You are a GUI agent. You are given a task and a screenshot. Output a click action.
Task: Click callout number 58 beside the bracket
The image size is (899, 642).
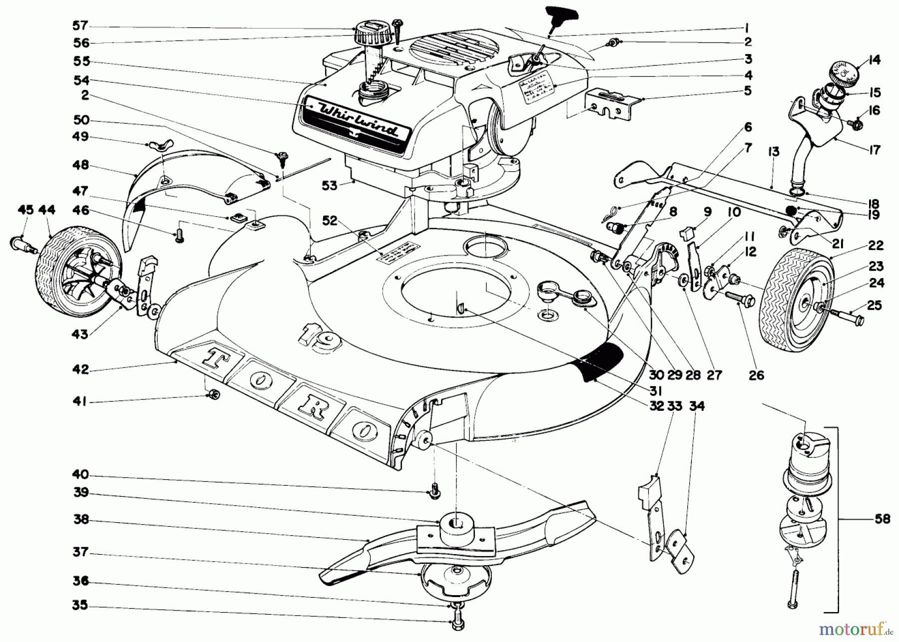883,519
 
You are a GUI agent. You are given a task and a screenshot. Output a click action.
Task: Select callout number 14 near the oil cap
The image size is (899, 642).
874,60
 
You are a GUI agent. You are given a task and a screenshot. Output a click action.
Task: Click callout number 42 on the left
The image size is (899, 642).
80,369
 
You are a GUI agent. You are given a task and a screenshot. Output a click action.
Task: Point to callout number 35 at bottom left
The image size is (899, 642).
80,606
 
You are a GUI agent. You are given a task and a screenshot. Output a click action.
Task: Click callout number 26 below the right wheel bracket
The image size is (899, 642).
756,374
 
